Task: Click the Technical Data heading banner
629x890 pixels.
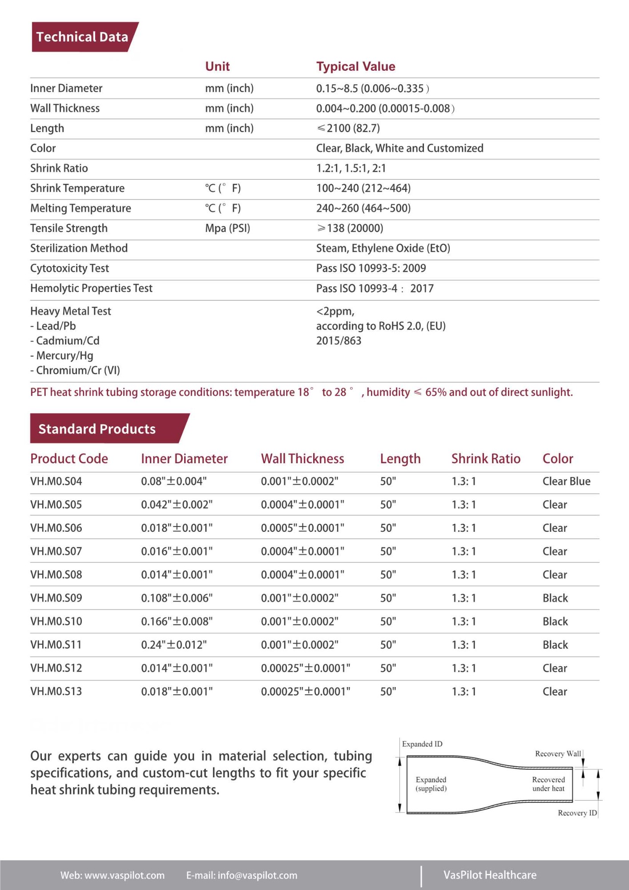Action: click(82, 37)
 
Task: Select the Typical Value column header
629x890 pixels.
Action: click(355, 67)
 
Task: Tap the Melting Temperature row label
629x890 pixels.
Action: click(81, 208)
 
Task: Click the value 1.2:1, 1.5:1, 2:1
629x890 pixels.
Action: click(351, 168)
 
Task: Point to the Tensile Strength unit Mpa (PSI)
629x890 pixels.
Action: click(227, 228)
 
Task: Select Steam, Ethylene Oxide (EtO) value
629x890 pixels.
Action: click(383, 248)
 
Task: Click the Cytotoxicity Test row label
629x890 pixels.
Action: click(69, 268)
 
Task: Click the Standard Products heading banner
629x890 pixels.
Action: click(97, 429)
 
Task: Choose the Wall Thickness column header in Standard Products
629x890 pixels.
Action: click(302, 459)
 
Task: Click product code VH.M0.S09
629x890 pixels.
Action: click(56, 598)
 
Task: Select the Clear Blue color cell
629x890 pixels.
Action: click(566, 481)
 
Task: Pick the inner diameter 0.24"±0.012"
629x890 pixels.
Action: click(173, 645)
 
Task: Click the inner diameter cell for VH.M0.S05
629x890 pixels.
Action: click(177, 505)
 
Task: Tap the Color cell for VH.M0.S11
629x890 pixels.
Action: click(555, 645)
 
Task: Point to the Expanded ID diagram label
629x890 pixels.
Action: click(422, 744)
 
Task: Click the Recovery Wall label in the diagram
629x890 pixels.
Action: click(558, 754)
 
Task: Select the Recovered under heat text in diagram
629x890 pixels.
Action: click(548, 784)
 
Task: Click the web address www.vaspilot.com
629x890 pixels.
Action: click(125, 875)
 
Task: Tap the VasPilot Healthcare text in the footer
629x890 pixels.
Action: click(490, 875)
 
